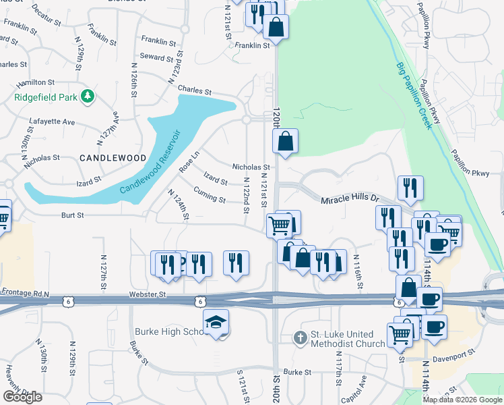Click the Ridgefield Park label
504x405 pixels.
(44, 97)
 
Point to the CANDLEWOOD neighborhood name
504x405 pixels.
(113, 157)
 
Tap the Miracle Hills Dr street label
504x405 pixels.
(350, 200)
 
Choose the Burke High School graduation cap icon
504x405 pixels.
(216, 323)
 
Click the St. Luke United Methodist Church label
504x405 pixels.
(348, 339)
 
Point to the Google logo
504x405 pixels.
(22, 397)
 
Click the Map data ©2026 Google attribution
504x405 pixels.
(462, 399)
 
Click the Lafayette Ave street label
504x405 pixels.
(52, 122)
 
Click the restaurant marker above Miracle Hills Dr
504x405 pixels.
(410, 189)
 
